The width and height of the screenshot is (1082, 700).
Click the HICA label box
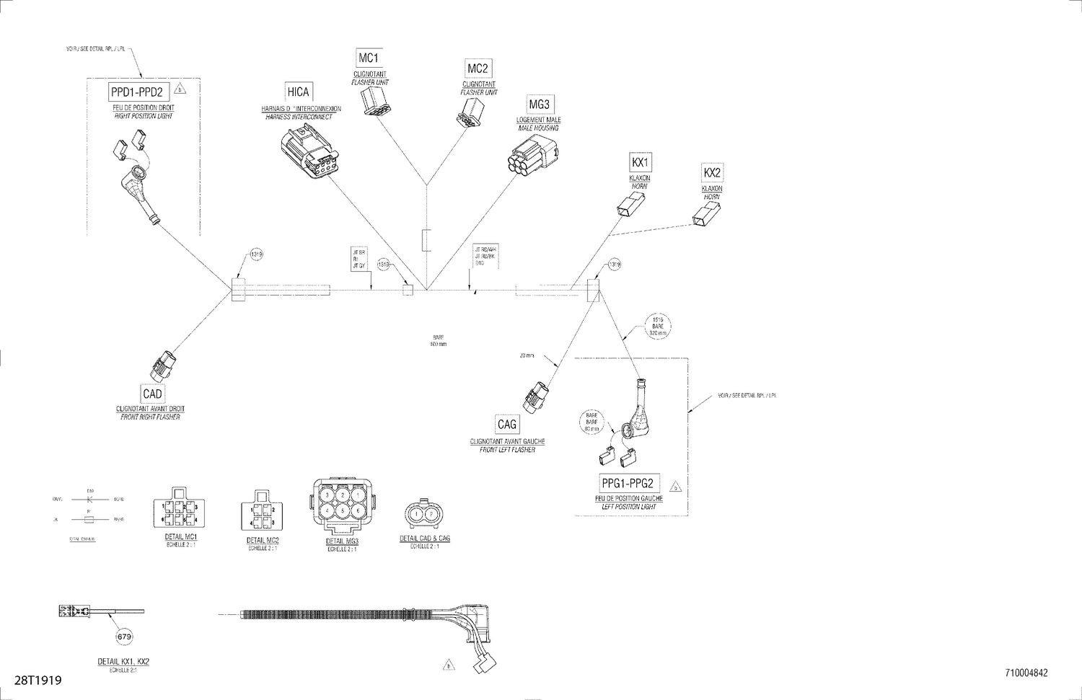tap(298, 92)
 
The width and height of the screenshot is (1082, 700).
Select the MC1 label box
tap(368, 58)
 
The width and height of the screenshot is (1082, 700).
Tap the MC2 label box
tap(478, 68)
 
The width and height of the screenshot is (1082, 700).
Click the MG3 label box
tap(539, 105)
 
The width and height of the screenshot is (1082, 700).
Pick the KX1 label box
tap(640, 162)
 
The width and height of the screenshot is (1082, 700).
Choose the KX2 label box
tap(712, 173)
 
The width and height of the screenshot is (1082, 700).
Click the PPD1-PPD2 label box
tap(138, 92)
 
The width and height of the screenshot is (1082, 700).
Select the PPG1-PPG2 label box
tap(627, 484)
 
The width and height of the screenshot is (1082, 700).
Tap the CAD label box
tap(152, 394)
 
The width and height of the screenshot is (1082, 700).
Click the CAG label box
tap(507, 425)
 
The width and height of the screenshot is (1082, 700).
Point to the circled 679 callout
tap(124, 637)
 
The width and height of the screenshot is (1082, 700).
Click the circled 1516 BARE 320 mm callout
tap(657, 326)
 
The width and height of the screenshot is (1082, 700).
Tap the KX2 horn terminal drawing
tap(706, 214)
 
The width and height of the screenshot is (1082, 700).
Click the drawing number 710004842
tap(1026, 673)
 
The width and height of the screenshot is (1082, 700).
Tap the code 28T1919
tap(38, 680)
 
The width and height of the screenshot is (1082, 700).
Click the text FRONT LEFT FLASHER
tap(507, 450)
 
